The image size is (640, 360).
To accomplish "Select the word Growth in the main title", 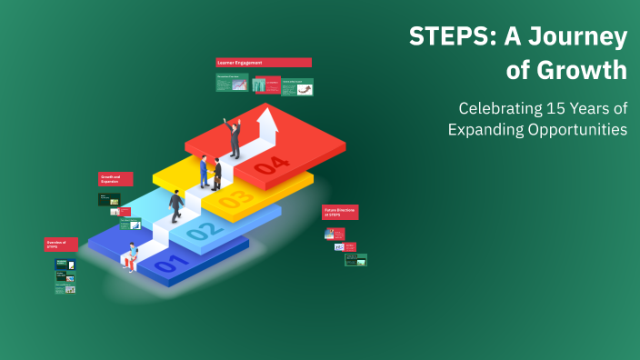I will (x=584, y=70).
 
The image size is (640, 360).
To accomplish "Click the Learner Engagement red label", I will (x=264, y=63).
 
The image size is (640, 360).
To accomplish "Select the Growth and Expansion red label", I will (x=115, y=179).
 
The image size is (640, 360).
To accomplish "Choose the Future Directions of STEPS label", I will (x=340, y=212).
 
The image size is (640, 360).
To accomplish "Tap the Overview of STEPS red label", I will (x=61, y=245).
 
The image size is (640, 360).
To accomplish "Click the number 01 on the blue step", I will (x=171, y=265).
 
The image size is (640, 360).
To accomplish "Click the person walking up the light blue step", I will (x=175, y=205).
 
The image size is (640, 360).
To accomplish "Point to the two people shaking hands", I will (x=211, y=172).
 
